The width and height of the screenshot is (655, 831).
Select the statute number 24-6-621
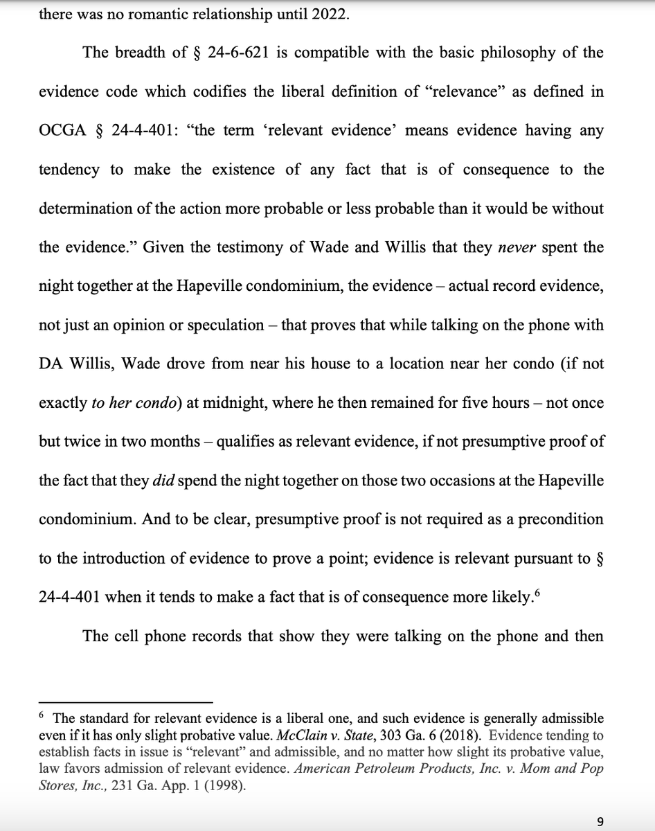(x=237, y=53)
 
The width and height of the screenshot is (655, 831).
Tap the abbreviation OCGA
(x=61, y=131)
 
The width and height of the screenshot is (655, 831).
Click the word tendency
(x=69, y=170)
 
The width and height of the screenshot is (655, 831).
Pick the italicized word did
(x=161, y=480)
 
